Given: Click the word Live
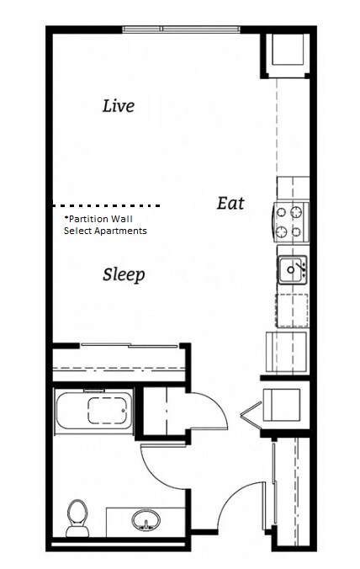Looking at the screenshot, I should click(x=118, y=106).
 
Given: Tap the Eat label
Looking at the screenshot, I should click(x=230, y=203).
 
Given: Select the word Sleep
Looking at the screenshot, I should click(x=124, y=274).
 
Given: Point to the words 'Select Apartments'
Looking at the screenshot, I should click(x=105, y=231).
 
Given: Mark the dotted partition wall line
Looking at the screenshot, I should click(x=106, y=205).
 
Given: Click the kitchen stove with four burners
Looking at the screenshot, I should click(x=291, y=221).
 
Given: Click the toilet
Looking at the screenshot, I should click(x=77, y=514).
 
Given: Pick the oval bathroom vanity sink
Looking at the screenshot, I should click(x=147, y=521).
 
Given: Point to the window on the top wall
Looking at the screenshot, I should click(x=181, y=29).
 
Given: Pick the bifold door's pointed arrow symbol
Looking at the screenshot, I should click(x=250, y=412).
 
